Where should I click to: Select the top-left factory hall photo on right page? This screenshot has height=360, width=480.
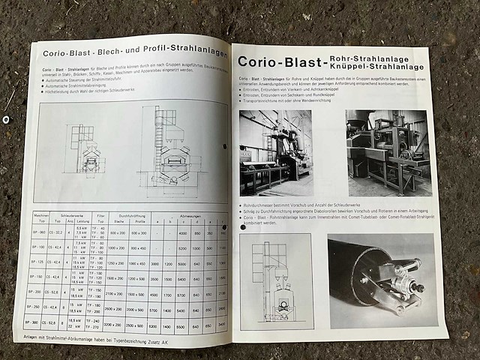pyautogui.click(x=276, y=152)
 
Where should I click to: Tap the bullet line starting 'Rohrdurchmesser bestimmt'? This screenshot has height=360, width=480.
pyautogui.click(x=315, y=205)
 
